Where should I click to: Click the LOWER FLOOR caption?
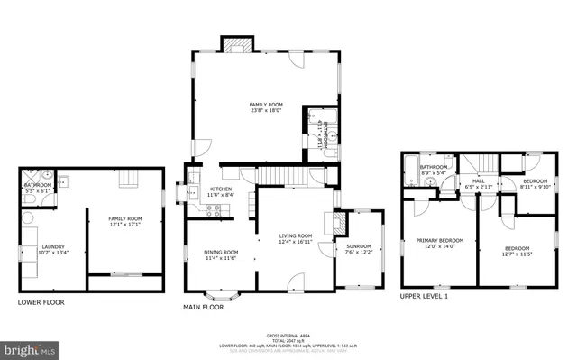pyautogui.click(x=42, y=302)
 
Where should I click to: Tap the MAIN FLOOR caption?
pyautogui.click(x=204, y=306)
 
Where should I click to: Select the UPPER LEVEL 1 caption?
pyautogui.click(x=425, y=296)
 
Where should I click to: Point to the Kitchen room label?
pyautogui.click(x=222, y=189)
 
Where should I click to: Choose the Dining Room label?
pyautogui.click(x=221, y=252)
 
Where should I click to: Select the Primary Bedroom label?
pyautogui.click(x=439, y=240)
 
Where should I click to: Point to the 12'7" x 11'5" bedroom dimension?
pyautogui.click(x=517, y=254)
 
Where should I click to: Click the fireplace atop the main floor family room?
pyautogui.click(x=237, y=46)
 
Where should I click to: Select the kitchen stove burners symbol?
pyautogui.click(x=215, y=210)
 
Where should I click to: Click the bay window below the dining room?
pyautogui.click(x=220, y=293)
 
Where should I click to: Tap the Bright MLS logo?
pyautogui.click(x=28, y=346)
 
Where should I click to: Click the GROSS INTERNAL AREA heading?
pyautogui.click(x=288, y=334)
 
